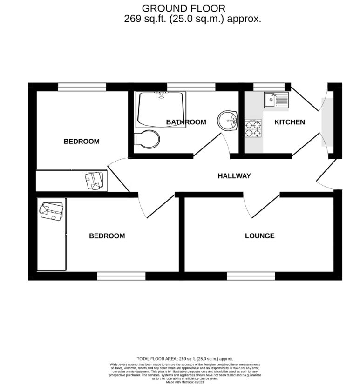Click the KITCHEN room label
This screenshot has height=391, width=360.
point(289,122)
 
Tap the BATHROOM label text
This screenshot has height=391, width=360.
point(186,122)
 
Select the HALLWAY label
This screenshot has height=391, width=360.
point(234,176)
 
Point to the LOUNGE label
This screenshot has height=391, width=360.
point(259,236)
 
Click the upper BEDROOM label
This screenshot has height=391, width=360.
point(82,142)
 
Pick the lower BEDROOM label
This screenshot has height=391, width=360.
point(107,236)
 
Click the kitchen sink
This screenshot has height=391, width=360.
point(276,99)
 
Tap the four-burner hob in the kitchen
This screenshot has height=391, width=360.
point(253,128)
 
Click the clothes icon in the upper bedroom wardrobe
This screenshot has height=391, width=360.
point(95,181)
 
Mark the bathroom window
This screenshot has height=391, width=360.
point(191,87)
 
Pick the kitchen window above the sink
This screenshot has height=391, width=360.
point(269,87)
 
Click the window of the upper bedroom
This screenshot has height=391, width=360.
point(82,87)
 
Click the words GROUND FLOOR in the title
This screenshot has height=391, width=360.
point(183,8)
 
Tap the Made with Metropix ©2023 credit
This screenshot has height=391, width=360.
point(185,382)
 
